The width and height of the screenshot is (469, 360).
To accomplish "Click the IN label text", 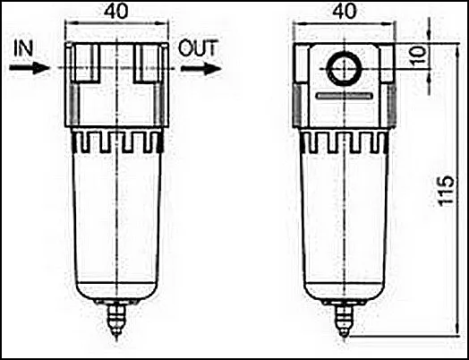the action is (x=23, y=48).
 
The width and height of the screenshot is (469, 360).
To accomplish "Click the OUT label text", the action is (x=198, y=48).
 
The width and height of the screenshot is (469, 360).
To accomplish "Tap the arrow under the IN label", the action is (x=30, y=68).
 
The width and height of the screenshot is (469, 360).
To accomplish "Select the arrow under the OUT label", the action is (x=200, y=69).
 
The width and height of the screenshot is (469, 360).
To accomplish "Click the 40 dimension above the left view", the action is (x=115, y=12).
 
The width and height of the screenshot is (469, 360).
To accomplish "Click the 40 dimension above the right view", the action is (x=345, y=12).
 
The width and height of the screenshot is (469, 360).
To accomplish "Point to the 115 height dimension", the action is (x=447, y=191).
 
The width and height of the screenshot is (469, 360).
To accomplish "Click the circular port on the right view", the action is (x=345, y=69).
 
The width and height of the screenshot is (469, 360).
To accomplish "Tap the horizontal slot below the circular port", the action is (x=345, y=96).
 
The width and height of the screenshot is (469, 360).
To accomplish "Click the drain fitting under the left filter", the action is (x=116, y=320).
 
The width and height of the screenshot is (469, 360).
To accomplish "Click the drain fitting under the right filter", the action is (x=345, y=318).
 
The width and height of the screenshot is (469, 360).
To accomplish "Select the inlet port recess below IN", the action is (x=86, y=63).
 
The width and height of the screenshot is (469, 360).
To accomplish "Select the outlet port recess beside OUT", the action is (x=147, y=63).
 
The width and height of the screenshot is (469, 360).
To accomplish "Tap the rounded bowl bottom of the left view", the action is (x=116, y=291).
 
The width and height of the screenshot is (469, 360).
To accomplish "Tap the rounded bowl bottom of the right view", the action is (x=345, y=291).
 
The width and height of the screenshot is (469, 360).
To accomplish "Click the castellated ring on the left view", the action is (x=116, y=141).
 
